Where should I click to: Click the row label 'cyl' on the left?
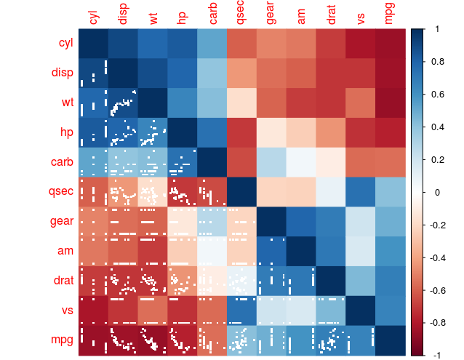(65, 43)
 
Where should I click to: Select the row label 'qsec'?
(61, 192)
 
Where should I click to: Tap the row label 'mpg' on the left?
(62, 340)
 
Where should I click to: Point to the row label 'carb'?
(62, 162)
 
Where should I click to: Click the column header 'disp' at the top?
(122, 15)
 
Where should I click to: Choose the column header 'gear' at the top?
(271, 15)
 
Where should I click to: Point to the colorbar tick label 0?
(436, 192)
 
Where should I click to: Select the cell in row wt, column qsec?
(241, 103)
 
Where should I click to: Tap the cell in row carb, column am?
(300, 162)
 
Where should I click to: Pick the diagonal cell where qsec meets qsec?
(241, 192)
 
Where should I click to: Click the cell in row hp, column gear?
(271, 132)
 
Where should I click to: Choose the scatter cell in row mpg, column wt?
(152, 340)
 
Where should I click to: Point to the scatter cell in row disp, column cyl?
(92, 73)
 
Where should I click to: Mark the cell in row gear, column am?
(300, 222)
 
